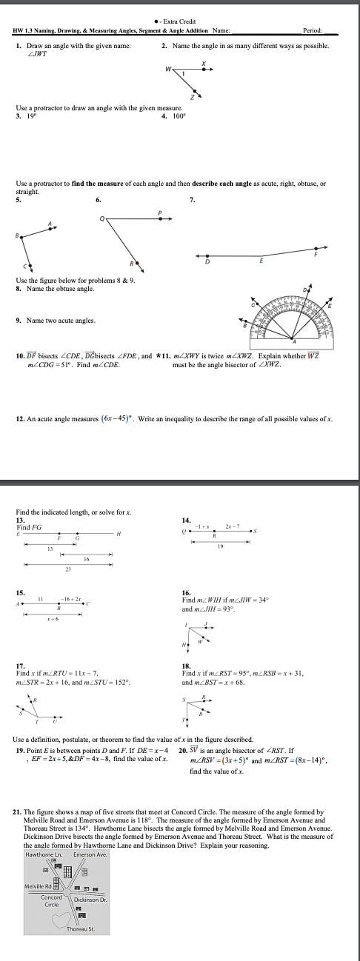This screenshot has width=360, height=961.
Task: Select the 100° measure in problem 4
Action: [179, 115]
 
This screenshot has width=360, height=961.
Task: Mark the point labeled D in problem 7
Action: [207, 261]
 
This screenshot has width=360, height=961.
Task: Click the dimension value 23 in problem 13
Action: [68, 569]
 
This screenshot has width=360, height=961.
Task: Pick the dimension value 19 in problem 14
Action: [220, 546]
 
